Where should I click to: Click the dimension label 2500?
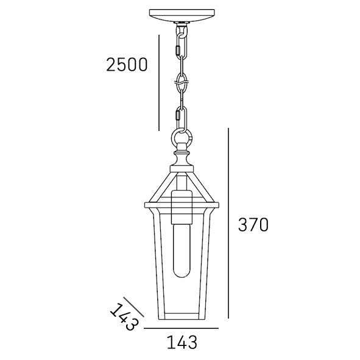(x=126, y=64)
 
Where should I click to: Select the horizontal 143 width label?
(x=182, y=342)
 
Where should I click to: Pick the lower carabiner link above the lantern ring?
(x=180, y=116)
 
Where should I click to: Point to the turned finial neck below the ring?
(x=181, y=157)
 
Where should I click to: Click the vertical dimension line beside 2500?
(x=158, y=82)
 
